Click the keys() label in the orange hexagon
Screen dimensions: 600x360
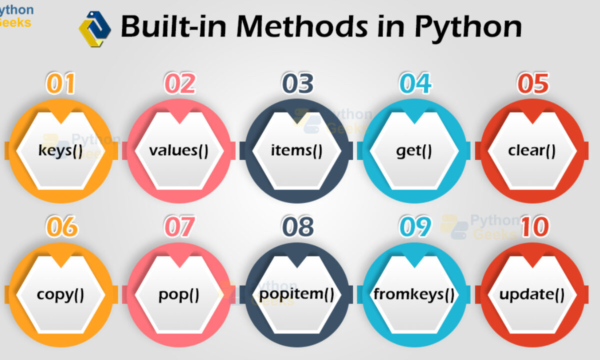tap(60, 150)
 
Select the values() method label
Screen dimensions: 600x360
tap(178, 150)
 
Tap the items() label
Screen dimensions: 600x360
tap(296, 150)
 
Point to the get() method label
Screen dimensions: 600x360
tap(414, 151)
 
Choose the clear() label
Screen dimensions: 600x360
tap(532, 150)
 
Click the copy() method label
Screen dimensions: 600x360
tap(60, 295)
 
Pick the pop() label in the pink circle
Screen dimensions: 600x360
tap(179, 295)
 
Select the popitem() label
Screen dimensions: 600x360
tap(297, 294)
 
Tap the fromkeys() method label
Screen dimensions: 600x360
tap(414, 294)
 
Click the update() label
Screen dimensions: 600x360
tap(532, 294)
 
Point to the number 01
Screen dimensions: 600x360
tap(60, 83)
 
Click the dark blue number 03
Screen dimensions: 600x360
tap(297, 83)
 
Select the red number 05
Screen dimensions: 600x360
tap(533, 83)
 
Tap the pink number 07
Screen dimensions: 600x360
tap(179, 226)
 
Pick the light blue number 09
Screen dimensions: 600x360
tap(415, 226)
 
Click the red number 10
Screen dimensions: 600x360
tap(535, 226)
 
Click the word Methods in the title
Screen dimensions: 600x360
tap(302, 26)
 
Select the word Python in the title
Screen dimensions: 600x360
tap(468, 28)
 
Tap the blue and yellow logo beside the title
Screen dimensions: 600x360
tap(95, 29)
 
